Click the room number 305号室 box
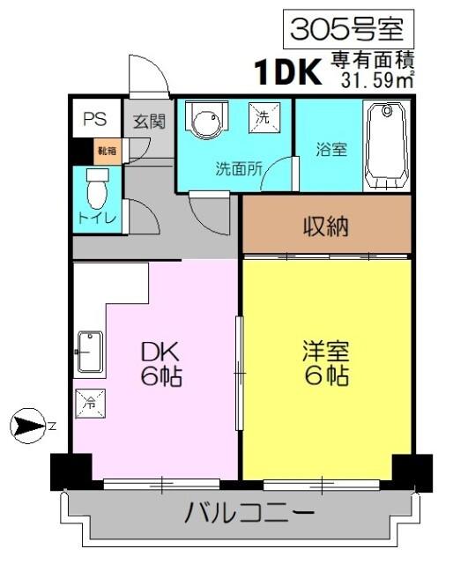[346, 29]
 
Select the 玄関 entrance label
[149, 122]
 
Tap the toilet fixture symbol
[94, 186]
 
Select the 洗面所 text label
[238, 170]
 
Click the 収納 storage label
[326, 226]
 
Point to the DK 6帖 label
[160, 364]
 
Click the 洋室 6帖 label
[326, 364]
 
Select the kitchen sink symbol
[89, 352]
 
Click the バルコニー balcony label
[249, 512]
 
